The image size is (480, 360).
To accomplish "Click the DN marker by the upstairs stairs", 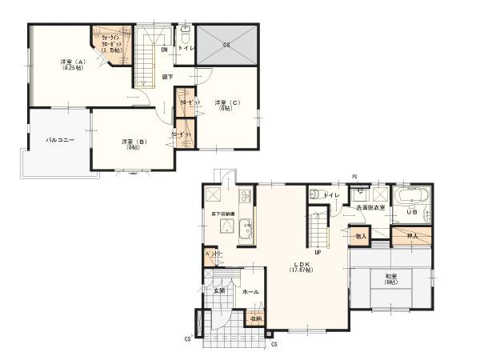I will pyautogui.click(x=163, y=50).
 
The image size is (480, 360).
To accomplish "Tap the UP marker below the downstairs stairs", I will pyautogui.click(x=318, y=252).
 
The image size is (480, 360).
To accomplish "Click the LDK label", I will pyautogui.click(x=301, y=264).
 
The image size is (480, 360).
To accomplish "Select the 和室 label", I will pyautogui.click(x=390, y=278).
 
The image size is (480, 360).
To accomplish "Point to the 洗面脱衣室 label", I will pyautogui.click(x=370, y=208).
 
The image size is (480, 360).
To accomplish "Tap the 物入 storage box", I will pyautogui.click(x=360, y=236).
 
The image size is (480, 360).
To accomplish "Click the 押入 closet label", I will pyautogui.click(x=413, y=236).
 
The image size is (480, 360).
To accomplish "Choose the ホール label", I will pyautogui.click(x=250, y=292).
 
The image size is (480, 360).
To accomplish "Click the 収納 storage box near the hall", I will pyautogui.click(x=254, y=319).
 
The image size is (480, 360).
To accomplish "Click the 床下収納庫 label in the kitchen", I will pyautogui.click(x=224, y=214).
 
